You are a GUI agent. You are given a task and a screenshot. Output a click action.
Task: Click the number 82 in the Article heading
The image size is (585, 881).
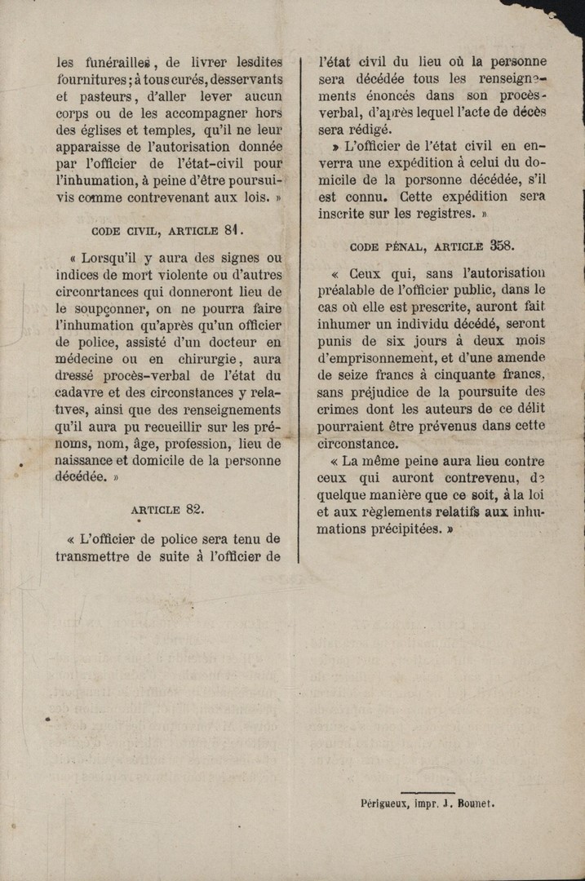(193, 509)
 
